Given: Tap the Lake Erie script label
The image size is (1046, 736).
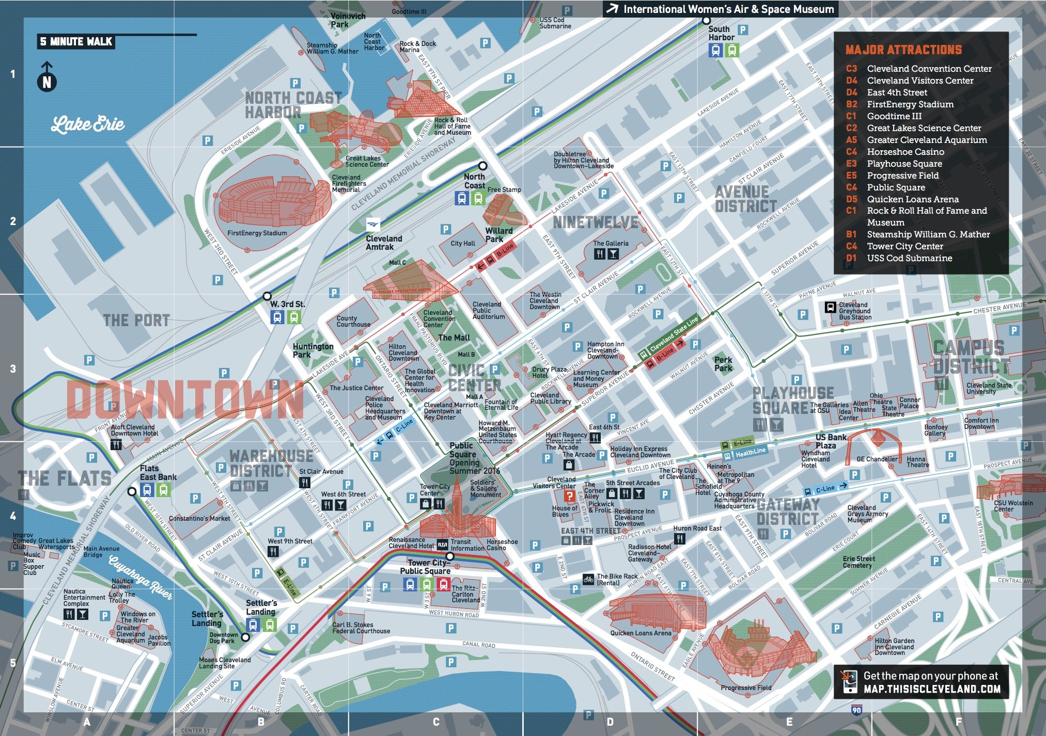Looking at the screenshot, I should click(x=88, y=124).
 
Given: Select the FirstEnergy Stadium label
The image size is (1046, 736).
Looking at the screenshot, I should click(x=257, y=233).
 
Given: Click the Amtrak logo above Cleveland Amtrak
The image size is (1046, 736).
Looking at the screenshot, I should click(x=373, y=225).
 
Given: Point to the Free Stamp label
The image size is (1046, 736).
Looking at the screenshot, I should click(x=504, y=190).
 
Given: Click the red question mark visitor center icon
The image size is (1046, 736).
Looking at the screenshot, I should click(x=569, y=496).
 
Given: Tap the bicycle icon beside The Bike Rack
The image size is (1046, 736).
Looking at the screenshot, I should click(x=588, y=579).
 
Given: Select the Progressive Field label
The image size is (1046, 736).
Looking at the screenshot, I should click(x=745, y=687).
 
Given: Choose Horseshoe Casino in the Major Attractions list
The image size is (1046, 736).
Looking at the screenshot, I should click(x=905, y=152).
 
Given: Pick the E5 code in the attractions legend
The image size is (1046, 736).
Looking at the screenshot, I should click(x=851, y=175).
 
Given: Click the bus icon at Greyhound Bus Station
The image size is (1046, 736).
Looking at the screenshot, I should click(x=830, y=307).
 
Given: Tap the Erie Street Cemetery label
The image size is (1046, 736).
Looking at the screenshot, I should click(x=858, y=562).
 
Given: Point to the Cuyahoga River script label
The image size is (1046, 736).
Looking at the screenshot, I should click(x=140, y=578).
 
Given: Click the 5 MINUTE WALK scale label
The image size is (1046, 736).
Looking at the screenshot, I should click(x=76, y=42).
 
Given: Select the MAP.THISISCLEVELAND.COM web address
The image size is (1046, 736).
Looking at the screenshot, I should click(x=931, y=689).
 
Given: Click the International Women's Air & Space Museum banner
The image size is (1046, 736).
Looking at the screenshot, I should click(x=722, y=9).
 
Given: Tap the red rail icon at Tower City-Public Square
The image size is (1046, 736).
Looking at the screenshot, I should click(x=443, y=584).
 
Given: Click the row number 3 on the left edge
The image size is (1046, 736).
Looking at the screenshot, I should click(x=13, y=369).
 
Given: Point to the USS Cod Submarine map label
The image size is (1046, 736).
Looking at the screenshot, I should click(x=555, y=23).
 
